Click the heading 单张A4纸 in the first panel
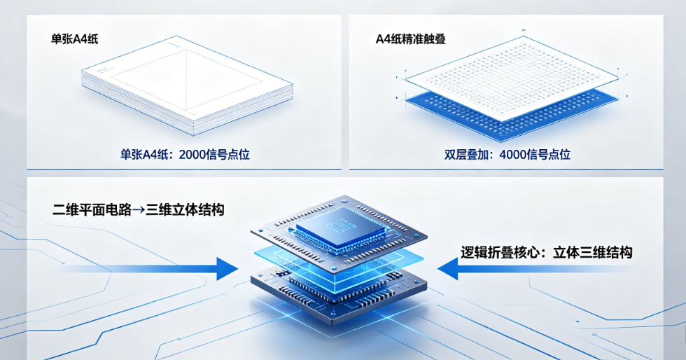(x=74, y=39)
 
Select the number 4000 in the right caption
(x=514, y=155)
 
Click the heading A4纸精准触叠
(x=410, y=39)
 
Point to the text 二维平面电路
(x=92, y=210)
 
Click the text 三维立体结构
(x=185, y=210)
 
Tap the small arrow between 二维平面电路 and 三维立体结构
(x=139, y=210)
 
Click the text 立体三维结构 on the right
(x=593, y=252)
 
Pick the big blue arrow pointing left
(x=533, y=268)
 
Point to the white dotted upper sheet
(x=512, y=78)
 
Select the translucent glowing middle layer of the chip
(x=339, y=263)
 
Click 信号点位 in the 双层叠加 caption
(x=550, y=155)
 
